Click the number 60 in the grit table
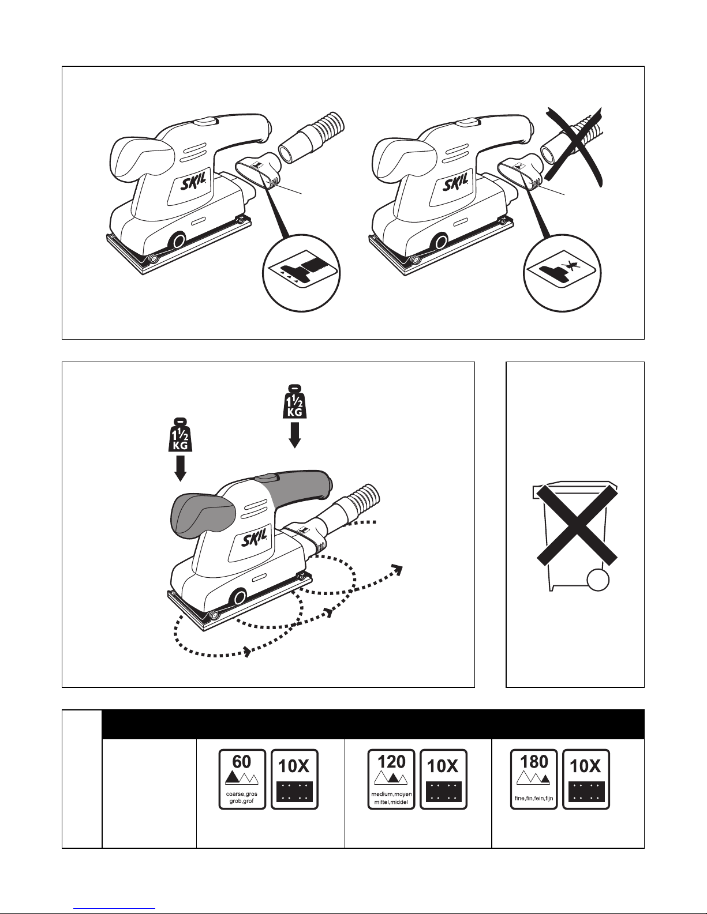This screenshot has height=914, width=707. (x=242, y=762)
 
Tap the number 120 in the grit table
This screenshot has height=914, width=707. (x=391, y=762)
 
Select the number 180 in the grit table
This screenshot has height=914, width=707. (x=534, y=762)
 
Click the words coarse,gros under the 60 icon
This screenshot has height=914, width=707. (x=242, y=794)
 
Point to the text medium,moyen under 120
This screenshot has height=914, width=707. (x=391, y=794)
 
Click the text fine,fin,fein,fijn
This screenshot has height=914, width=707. (x=534, y=798)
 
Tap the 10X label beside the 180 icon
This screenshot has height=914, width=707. (x=585, y=766)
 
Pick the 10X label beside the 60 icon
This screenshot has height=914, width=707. (x=294, y=766)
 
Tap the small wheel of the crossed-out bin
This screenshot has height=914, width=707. (x=598, y=581)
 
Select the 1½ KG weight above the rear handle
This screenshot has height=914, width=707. (x=294, y=401)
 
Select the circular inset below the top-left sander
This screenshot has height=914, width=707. (x=301, y=273)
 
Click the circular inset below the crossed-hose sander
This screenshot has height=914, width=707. (x=562, y=273)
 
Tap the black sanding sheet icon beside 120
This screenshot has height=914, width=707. (x=444, y=792)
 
